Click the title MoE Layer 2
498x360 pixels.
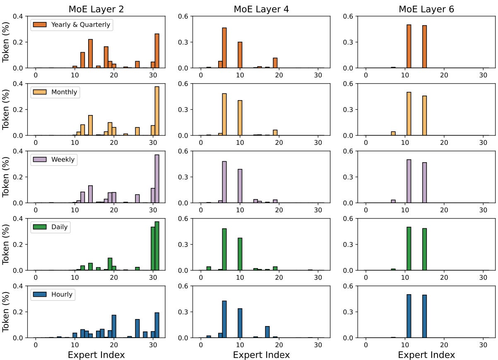(x=96, y=9)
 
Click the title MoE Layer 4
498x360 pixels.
(x=261, y=9)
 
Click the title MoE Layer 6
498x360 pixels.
(x=426, y=9)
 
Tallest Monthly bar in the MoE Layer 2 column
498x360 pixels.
(x=157, y=111)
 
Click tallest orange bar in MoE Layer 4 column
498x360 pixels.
(x=224, y=48)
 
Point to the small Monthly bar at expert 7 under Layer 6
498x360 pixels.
(x=393, y=133)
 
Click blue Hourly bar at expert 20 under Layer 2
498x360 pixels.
(x=114, y=326)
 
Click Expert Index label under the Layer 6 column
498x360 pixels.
(x=426, y=355)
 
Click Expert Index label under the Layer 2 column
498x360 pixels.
(x=96, y=355)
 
